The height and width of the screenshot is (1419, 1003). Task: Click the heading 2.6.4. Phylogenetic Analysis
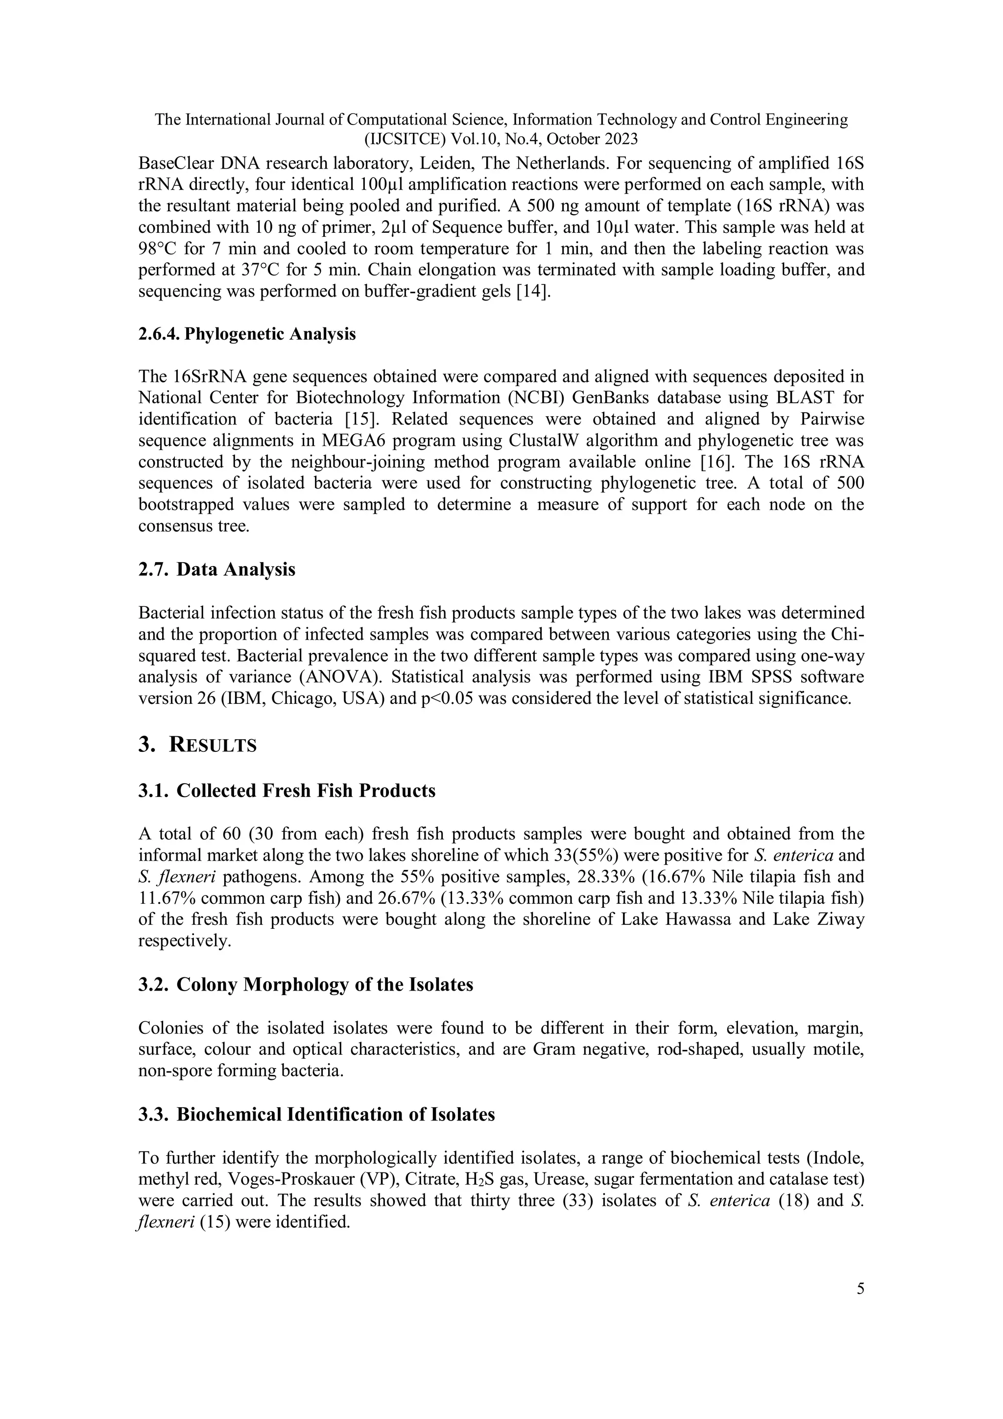pos(247,334)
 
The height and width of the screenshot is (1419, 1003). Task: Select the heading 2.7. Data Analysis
pos(217,569)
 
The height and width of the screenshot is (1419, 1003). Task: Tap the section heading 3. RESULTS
pos(198,746)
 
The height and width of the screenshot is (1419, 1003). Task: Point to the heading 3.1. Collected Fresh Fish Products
pos(287,791)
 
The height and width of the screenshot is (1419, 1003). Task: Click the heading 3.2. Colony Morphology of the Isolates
pos(306,985)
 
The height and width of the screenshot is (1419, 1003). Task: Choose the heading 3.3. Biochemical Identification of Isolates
pos(317,1114)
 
